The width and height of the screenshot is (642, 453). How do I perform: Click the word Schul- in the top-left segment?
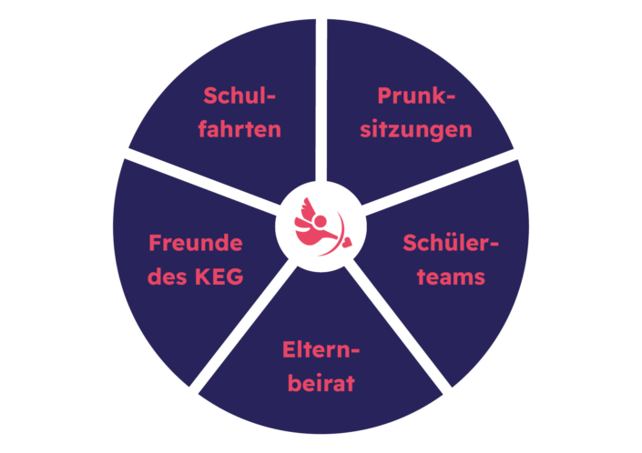pyautogui.click(x=239, y=96)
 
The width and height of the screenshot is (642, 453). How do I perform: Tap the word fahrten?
pyautogui.click(x=239, y=129)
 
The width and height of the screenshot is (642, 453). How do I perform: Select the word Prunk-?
pyautogui.click(x=416, y=96)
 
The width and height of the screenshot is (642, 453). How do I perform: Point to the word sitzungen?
pyautogui.click(x=416, y=130)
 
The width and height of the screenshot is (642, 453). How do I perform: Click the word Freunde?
pyautogui.click(x=196, y=243)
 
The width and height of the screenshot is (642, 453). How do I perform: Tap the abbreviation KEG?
pyautogui.click(x=219, y=277)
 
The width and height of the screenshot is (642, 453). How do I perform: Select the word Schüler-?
pyautogui.click(x=451, y=243)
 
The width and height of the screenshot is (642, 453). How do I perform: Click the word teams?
pyautogui.click(x=451, y=277)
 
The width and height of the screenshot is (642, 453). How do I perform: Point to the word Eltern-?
pyautogui.click(x=321, y=349)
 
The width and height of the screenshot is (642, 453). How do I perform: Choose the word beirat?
pyautogui.click(x=321, y=383)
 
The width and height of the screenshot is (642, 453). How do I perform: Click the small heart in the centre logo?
pyautogui.click(x=347, y=242)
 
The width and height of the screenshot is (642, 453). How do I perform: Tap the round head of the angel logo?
pyautogui.click(x=321, y=221)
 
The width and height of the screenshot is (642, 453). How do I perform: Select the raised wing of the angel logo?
pyautogui.click(x=308, y=207)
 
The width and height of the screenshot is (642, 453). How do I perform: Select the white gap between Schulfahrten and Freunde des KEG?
pyautogui.click(x=203, y=181)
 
